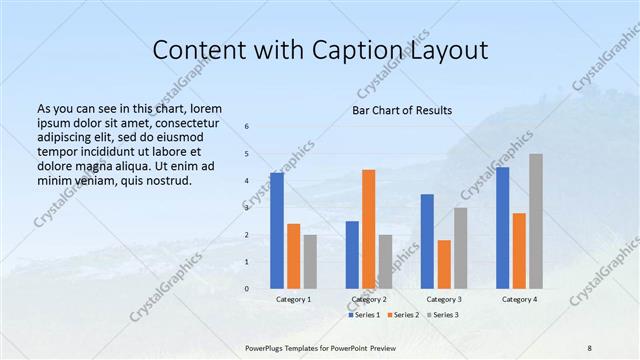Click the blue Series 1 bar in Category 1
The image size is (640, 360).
pos(277,230)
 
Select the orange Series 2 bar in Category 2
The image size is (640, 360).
pos(368,228)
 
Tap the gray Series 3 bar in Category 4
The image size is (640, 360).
pos(536,221)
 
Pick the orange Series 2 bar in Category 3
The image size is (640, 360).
pos(444,264)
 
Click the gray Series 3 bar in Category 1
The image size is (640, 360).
pos(310,261)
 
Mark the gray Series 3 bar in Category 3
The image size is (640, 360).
pos(460,248)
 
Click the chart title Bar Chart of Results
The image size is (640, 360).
pos(402,110)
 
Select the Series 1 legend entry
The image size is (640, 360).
pos(365,315)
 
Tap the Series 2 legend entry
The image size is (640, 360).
pos(402,315)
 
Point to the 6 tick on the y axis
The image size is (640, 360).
pos(247,127)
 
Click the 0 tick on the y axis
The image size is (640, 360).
pos(247,288)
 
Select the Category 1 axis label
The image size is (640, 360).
pos(294,299)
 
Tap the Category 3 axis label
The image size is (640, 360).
pos(444,299)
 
